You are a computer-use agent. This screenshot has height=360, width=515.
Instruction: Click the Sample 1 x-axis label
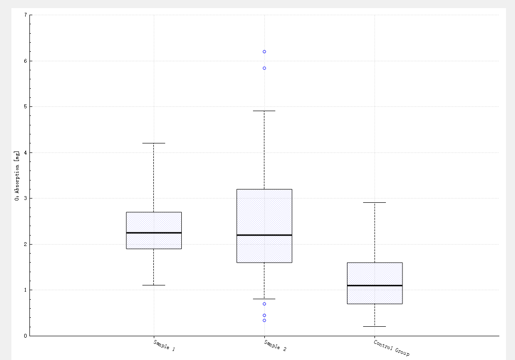tap(164, 345)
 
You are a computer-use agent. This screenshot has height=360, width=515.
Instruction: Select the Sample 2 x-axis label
tap(275, 345)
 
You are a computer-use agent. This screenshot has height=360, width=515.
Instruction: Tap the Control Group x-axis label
tap(392, 348)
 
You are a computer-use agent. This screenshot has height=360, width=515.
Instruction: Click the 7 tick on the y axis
tap(25, 15)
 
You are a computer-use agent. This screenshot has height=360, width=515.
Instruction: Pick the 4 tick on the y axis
tap(25, 153)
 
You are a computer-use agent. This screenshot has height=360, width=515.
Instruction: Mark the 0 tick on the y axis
tap(25, 336)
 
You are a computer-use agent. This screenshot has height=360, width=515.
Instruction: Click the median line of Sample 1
tap(154, 233)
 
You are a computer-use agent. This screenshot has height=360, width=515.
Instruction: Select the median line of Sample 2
tap(264, 235)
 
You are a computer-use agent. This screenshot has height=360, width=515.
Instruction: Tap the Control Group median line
tap(375, 285)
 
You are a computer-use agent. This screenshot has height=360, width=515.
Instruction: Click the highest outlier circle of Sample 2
tap(264, 52)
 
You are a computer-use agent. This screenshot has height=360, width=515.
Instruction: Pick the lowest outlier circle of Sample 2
tap(264, 321)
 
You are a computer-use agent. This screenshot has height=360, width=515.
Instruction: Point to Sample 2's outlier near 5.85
tap(264, 68)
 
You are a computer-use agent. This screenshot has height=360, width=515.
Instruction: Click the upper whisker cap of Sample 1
tap(154, 143)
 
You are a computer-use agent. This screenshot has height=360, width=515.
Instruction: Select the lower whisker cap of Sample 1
tap(154, 285)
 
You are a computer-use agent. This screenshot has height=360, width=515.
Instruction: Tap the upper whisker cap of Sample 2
tap(264, 111)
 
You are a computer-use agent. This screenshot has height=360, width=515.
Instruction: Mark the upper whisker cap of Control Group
tap(375, 202)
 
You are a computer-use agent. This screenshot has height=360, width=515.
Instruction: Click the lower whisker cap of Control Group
tap(375, 326)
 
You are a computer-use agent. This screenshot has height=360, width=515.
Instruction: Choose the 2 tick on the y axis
tap(25, 244)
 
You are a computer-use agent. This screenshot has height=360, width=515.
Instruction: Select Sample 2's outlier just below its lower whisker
tap(264, 304)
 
